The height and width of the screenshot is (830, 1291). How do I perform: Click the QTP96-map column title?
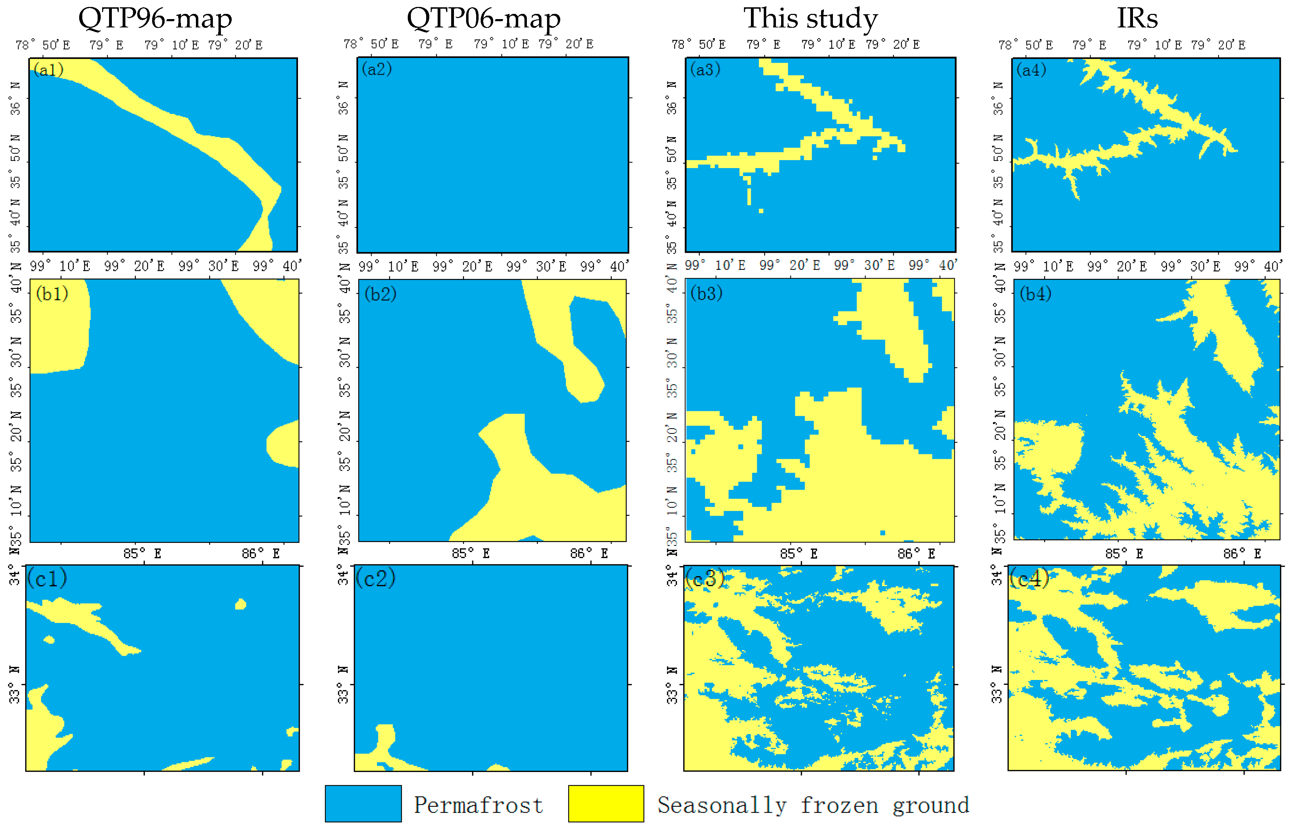pos(155,18)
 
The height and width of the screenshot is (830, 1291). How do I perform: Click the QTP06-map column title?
pos(483,18)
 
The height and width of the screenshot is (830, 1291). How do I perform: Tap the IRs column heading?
pos(1137,18)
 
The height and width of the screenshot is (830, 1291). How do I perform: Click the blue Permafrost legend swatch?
pos(363,804)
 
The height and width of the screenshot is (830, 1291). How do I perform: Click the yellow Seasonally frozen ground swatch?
pos(606,804)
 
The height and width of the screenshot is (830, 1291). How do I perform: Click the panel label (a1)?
pos(49,69)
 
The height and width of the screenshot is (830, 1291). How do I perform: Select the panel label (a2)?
pos(377,69)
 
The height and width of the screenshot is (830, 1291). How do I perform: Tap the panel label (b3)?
pos(706,293)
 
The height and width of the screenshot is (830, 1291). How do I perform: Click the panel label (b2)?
pos(380,294)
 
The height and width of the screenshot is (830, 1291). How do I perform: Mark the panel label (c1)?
pos(48,578)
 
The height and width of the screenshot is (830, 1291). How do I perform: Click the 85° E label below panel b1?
pos(142,554)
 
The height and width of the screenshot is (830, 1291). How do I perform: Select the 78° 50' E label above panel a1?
pos(43,45)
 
